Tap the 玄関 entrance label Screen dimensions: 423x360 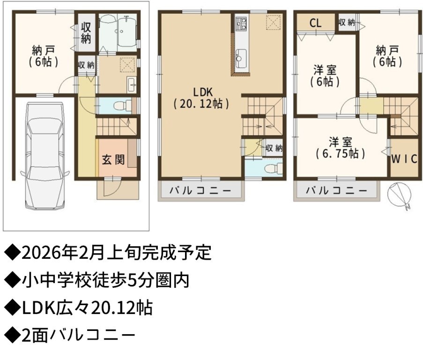[x=113, y=160]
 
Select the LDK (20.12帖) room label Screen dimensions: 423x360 [x=201, y=98]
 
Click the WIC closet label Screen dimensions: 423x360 [x=404, y=159]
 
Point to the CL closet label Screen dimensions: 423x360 [x=315, y=23]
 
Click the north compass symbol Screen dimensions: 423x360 [x=400, y=195]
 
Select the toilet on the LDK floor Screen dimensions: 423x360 [x=273, y=169]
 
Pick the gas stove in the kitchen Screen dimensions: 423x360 [x=241, y=23]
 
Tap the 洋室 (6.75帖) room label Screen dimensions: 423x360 [x=341, y=148]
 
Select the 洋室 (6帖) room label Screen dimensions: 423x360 [x=325, y=76]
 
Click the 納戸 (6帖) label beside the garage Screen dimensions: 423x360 [x=44, y=56]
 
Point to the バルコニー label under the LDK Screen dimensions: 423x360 [x=200, y=191]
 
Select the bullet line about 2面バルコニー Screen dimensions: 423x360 [x=70, y=335]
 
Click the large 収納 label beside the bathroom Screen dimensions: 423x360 [x=86, y=33]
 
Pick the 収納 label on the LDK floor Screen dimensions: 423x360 [x=274, y=148]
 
